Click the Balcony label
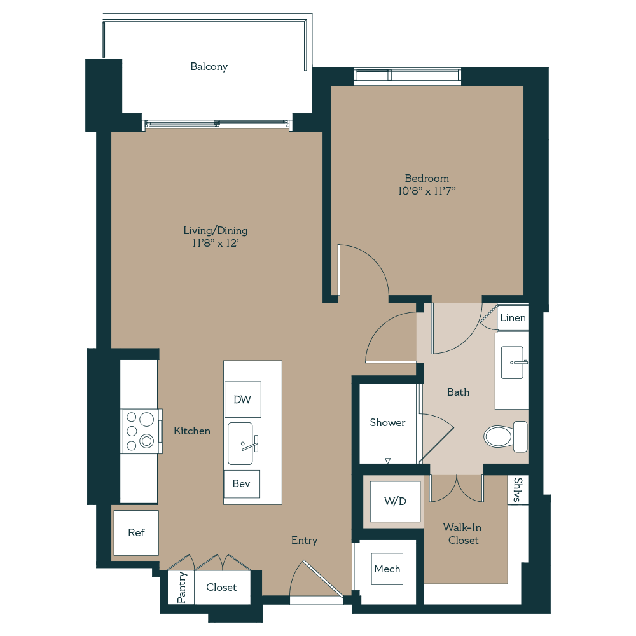209,67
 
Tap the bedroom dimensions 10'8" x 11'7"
427,191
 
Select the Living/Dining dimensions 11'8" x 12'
216,243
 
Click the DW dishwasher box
242,399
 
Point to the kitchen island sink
242,443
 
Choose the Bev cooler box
241,484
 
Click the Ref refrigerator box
136,532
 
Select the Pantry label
181,587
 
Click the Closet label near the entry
221,587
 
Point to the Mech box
387,569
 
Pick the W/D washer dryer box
394,502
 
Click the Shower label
387,422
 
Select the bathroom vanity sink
513,362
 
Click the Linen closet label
513,318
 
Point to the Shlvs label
518,490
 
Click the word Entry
304,540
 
